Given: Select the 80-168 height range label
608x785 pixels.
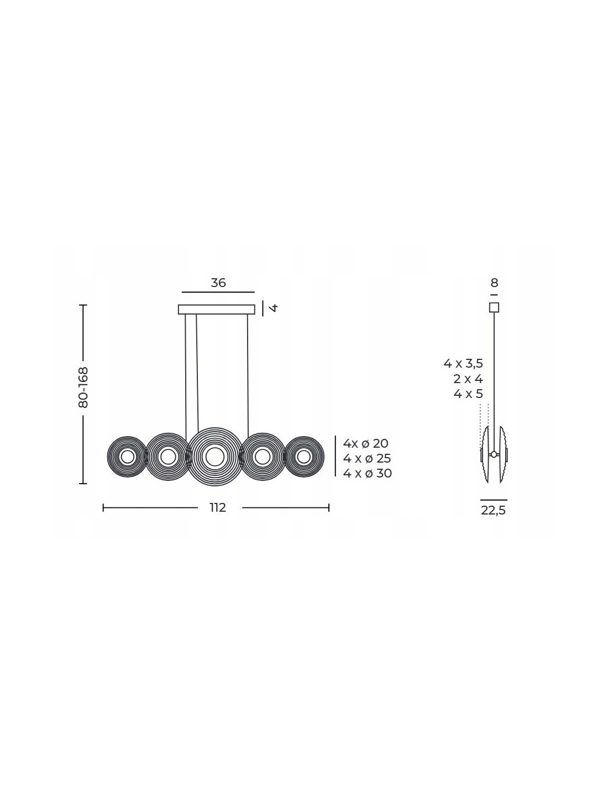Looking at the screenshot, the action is (x=83, y=388).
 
